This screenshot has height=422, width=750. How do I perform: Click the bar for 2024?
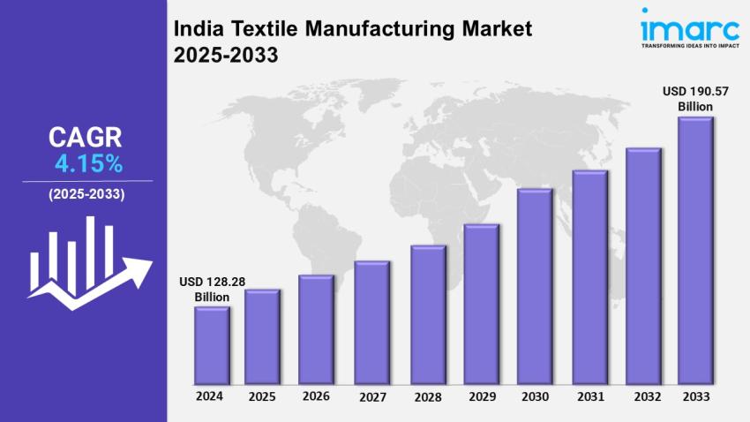pyautogui.click(x=212, y=346)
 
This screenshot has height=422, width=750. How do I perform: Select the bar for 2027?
pyautogui.click(x=371, y=323)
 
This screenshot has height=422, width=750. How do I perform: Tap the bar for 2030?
pyautogui.click(x=535, y=287)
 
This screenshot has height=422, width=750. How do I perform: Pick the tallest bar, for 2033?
pyautogui.click(x=695, y=252)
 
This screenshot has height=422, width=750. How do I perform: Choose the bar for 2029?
pyautogui.click(x=482, y=305)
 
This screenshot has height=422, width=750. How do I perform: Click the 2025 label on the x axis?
pyautogui.click(x=262, y=396)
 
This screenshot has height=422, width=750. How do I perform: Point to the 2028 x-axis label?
pyautogui.click(x=428, y=396)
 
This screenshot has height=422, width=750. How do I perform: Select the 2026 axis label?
pyautogui.click(x=316, y=396)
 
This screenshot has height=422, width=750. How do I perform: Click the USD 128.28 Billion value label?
pyautogui.click(x=212, y=289)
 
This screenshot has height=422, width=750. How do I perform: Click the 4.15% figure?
pyautogui.click(x=88, y=163)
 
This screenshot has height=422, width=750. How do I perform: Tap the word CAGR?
pyautogui.click(x=86, y=137)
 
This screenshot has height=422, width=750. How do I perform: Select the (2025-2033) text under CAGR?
pyautogui.click(x=86, y=193)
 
